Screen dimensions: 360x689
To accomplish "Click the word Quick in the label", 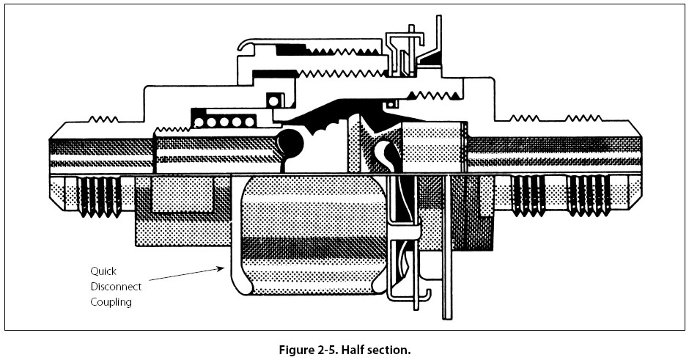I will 103,270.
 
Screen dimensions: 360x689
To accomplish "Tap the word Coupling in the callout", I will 111,302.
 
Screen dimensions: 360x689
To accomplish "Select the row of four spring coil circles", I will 229,120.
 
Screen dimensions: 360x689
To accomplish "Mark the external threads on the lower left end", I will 99,195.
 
